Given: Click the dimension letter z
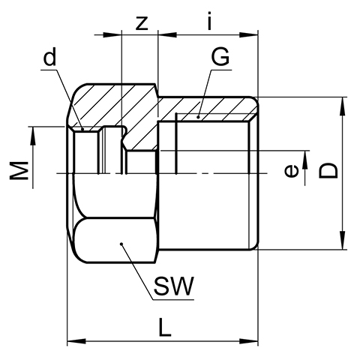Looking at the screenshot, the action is click(x=142, y=24).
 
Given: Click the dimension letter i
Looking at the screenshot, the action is click(x=210, y=21).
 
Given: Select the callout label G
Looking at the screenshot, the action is click(x=220, y=57).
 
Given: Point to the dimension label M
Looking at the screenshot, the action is click(x=19, y=171).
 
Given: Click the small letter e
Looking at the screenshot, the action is click(x=291, y=171).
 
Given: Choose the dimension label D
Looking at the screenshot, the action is click(x=328, y=171).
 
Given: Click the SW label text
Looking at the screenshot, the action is click(x=174, y=286).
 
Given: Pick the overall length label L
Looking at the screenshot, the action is click(x=165, y=327).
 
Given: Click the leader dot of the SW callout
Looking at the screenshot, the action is click(x=121, y=244).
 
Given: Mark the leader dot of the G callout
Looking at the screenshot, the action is click(x=198, y=117).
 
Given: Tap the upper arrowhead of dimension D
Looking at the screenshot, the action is click(x=343, y=106).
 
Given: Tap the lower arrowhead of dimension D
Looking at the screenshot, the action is click(x=343, y=240).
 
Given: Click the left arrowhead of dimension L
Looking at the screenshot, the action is click(x=76, y=341).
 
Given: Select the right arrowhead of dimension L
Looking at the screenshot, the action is click(x=248, y=341).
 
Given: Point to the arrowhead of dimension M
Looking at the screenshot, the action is click(x=33, y=136).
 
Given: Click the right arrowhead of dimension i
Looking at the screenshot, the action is click(x=248, y=34).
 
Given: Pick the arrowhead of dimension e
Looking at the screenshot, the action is click(x=305, y=160).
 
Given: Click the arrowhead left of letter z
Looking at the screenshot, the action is click(x=112, y=34).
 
